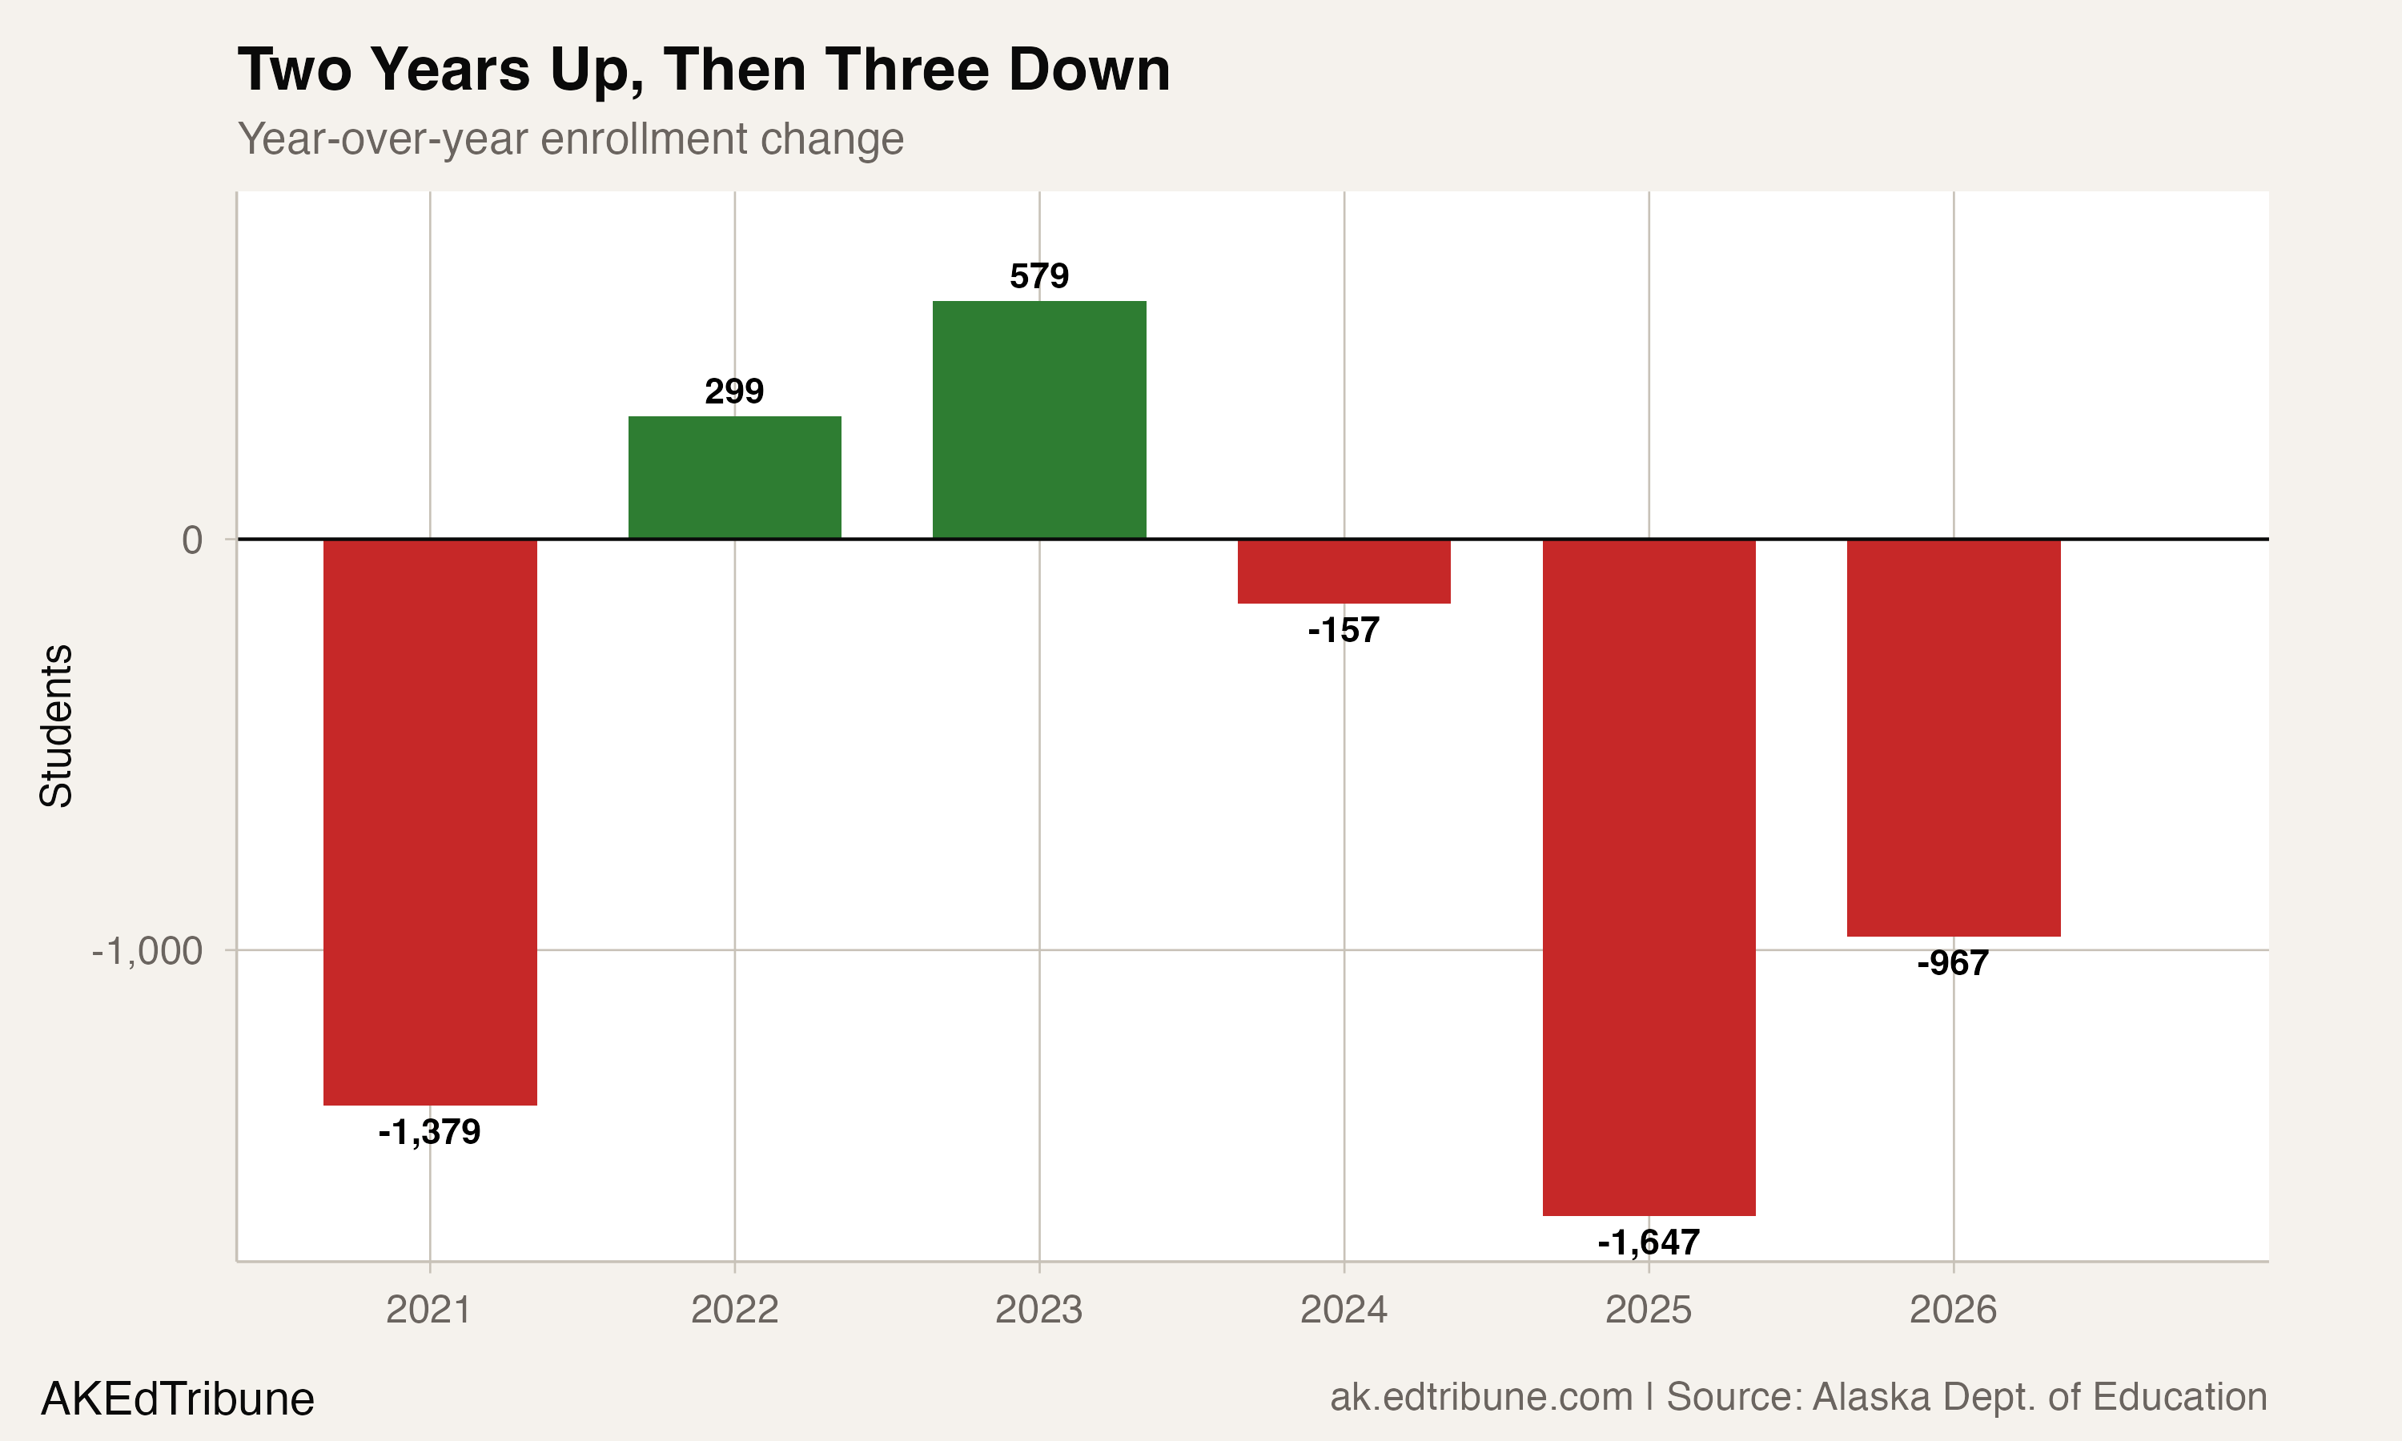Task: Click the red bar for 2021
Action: point(430,821)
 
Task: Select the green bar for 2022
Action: point(735,477)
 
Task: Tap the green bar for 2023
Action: point(1038,419)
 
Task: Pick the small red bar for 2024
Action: point(1344,571)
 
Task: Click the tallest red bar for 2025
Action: point(1649,877)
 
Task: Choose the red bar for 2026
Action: point(1954,737)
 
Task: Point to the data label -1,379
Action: point(430,1132)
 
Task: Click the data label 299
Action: point(735,391)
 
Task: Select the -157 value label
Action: point(1344,631)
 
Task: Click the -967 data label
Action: point(1954,963)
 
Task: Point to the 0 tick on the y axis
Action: point(192,540)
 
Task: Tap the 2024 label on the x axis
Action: point(1344,1310)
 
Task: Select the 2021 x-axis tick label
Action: point(429,1310)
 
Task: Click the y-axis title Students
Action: point(56,725)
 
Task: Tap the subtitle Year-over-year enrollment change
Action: point(571,138)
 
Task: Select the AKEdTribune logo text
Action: point(178,1399)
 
